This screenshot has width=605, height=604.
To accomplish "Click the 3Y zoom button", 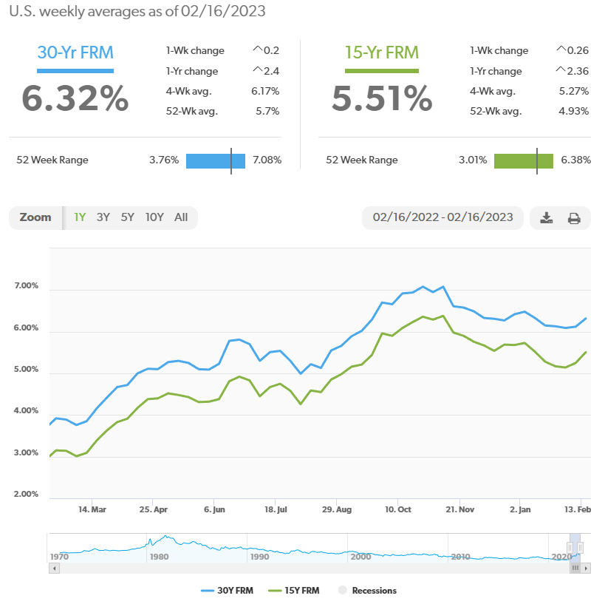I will tap(103, 217).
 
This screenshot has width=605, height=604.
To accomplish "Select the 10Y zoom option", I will tap(154, 217).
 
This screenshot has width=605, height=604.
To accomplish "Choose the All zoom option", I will tap(181, 217).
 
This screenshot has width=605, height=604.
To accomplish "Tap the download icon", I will tap(547, 218).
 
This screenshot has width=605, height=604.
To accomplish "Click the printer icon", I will tap(574, 218).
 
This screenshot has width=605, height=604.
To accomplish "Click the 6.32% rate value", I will tap(75, 98).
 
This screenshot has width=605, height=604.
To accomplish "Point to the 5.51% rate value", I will tap(382, 98).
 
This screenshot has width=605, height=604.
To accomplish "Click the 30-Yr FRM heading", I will tap(75, 52).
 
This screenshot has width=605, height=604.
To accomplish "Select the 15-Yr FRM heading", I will tap(382, 52).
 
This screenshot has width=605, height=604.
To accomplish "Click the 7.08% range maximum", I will tap(267, 160).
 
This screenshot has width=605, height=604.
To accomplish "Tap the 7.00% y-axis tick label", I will tap(26, 286).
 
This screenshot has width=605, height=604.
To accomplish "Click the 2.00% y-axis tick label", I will tap(26, 494).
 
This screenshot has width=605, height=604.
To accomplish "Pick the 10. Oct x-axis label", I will tap(399, 509).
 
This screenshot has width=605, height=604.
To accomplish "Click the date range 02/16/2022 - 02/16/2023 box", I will tap(442, 218).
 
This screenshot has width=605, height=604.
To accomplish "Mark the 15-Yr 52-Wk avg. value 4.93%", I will tap(574, 112).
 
